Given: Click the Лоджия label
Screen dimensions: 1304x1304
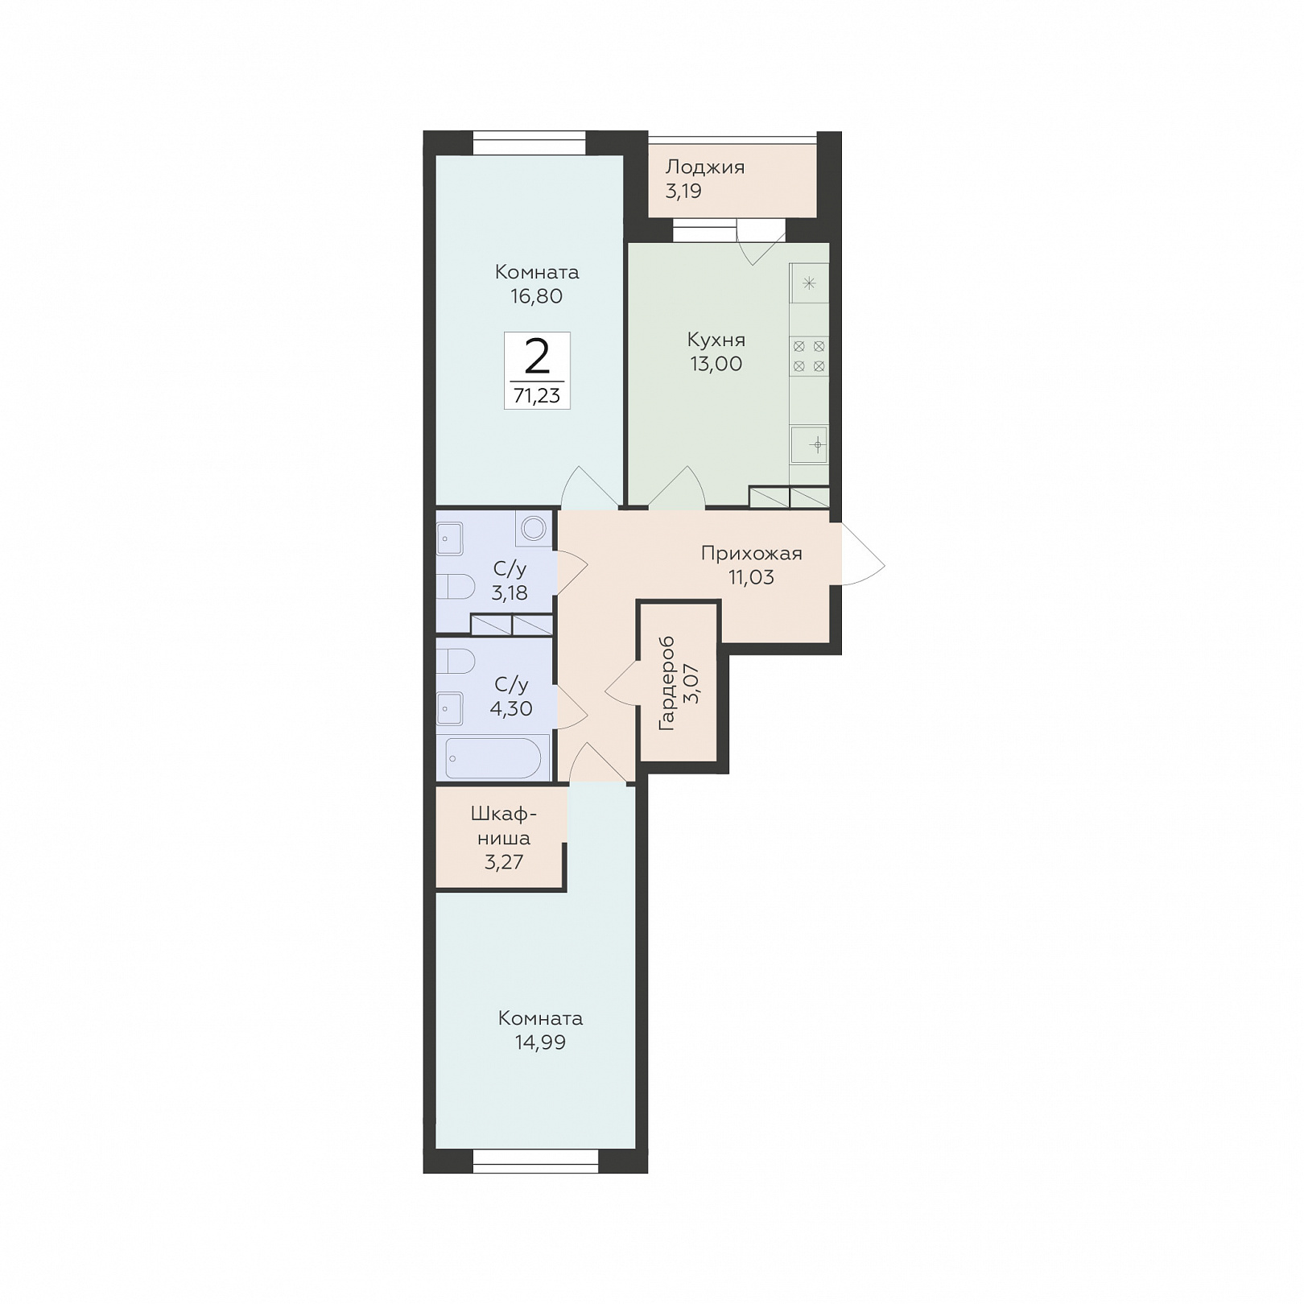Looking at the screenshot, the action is coord(704,168).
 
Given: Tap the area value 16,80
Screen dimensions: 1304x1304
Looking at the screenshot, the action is coord(536,296).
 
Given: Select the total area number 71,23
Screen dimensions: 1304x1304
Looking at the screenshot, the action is coord(537,396).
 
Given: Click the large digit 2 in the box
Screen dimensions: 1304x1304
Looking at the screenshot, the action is coord(537,357).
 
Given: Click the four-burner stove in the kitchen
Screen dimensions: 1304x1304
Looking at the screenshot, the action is coord(809,356).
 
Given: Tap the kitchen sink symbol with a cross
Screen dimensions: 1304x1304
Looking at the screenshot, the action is coord(809,444).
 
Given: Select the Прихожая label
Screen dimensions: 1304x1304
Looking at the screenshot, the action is coord(751,554).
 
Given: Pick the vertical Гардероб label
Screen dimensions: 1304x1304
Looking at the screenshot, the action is coord(667,684).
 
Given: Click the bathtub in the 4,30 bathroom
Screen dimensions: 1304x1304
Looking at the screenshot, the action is coord(493,757).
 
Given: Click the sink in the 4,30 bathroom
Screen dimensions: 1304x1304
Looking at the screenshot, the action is coord(449,709).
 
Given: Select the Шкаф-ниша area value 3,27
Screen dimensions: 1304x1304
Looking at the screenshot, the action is coord(504,863).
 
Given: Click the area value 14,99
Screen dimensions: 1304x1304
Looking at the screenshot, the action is coord(541,1043).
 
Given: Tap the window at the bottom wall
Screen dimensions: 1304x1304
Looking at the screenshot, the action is coord(536,1162).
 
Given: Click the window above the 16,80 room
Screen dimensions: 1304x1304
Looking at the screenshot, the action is coord(529,142).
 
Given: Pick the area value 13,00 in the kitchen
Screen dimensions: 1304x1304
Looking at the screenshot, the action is coord(716,364).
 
